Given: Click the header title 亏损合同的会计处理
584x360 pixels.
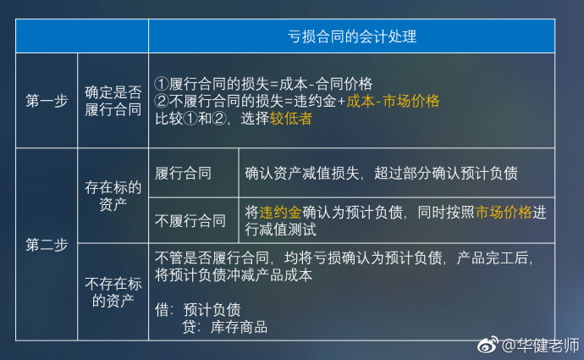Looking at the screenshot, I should pyautogui.click(x=351, y=37).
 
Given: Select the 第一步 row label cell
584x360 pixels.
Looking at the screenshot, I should pyautogui.click(x=47, y=102).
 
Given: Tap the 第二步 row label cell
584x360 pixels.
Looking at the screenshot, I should pyautogui.click(x=47, y=246).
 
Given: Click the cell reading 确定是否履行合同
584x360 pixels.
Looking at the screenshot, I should pyautogui.click(x=113, y=102).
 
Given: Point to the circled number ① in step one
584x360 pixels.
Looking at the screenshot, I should pyautogui.click(x=163, y=84).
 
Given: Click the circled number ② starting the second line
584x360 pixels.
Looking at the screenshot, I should pyautogui.click(x=163, y=102).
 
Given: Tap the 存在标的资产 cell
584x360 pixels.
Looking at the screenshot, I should pyautogui.click(x=113, y=196).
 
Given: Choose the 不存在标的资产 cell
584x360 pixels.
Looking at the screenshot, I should pyautogui.click(x=113, y=291).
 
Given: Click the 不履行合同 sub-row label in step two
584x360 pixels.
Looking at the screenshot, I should pyautogui.click(x=190, y=221).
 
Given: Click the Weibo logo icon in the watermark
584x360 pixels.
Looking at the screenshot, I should pyautogui.click(x=488, y=346).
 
